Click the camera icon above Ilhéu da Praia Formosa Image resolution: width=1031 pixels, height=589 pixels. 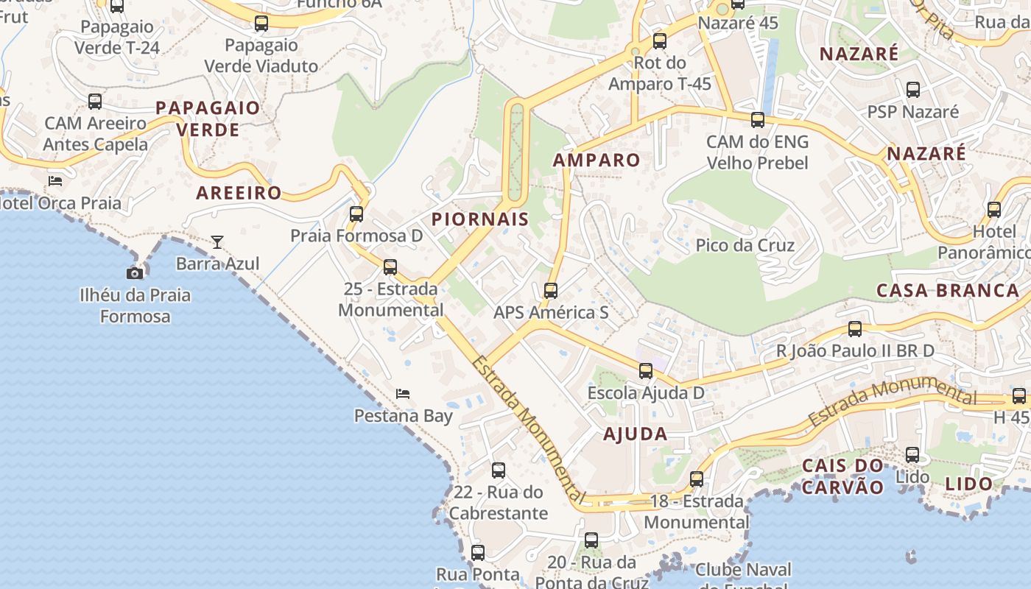click(135, 274)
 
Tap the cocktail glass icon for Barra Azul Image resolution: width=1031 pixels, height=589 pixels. click(217, 241)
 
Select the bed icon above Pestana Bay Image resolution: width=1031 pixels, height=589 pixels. click(403, 394)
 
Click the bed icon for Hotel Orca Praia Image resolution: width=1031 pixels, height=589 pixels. click(55, 181)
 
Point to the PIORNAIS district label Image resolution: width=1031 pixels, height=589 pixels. click(480, 219)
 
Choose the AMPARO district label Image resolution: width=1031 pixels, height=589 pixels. click(597, 160)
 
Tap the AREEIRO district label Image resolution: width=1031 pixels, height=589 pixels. click(239, 194)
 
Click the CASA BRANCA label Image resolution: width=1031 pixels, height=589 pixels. click(948, 290)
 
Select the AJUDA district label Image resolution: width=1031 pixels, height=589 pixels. click(636, 434)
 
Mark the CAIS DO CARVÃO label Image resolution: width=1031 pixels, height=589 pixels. click(842, 476)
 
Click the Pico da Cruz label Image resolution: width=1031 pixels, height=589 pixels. click(745, 245)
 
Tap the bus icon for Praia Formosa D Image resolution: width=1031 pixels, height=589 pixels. click(356, 214)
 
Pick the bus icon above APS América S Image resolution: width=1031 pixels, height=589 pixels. click(550, 291)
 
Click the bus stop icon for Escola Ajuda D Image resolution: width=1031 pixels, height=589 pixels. click(646, 371)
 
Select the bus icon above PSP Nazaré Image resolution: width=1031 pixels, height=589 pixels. click(913, 90)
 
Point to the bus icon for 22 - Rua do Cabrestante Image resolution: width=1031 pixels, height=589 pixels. click(499, 470)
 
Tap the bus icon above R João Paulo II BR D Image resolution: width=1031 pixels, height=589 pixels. click(855, 329)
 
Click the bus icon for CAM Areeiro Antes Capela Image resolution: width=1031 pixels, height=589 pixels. click(95, 102)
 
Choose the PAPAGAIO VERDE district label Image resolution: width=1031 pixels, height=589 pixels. click(208, 119)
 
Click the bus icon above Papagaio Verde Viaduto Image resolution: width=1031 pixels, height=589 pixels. click(261, 24)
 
